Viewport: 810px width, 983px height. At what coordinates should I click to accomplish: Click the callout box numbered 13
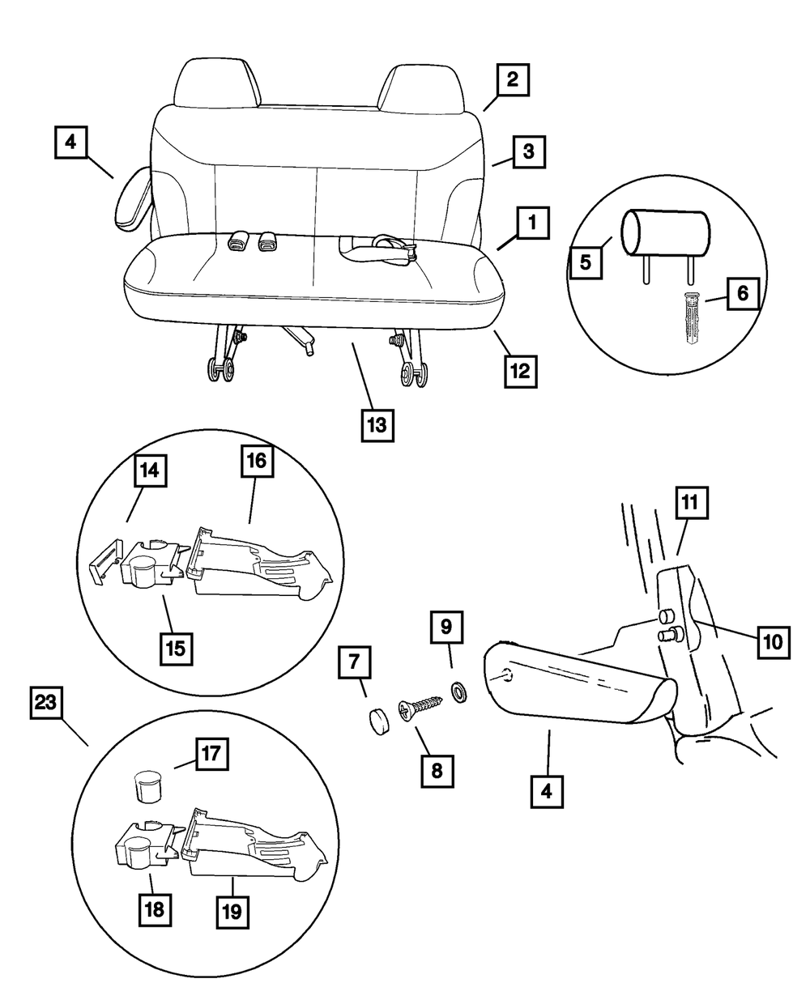378,424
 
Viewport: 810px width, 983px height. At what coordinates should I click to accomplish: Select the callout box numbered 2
513,81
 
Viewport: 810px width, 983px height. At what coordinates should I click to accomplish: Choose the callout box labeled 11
688,503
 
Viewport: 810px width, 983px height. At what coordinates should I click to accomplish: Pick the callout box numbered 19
232,909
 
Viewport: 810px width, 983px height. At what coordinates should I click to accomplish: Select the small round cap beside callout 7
375,719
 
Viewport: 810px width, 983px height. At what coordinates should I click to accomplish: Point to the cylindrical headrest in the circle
666,232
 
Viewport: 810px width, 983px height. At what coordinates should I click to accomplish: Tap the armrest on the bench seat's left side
132,200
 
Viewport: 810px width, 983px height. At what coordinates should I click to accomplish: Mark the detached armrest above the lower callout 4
579,685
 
